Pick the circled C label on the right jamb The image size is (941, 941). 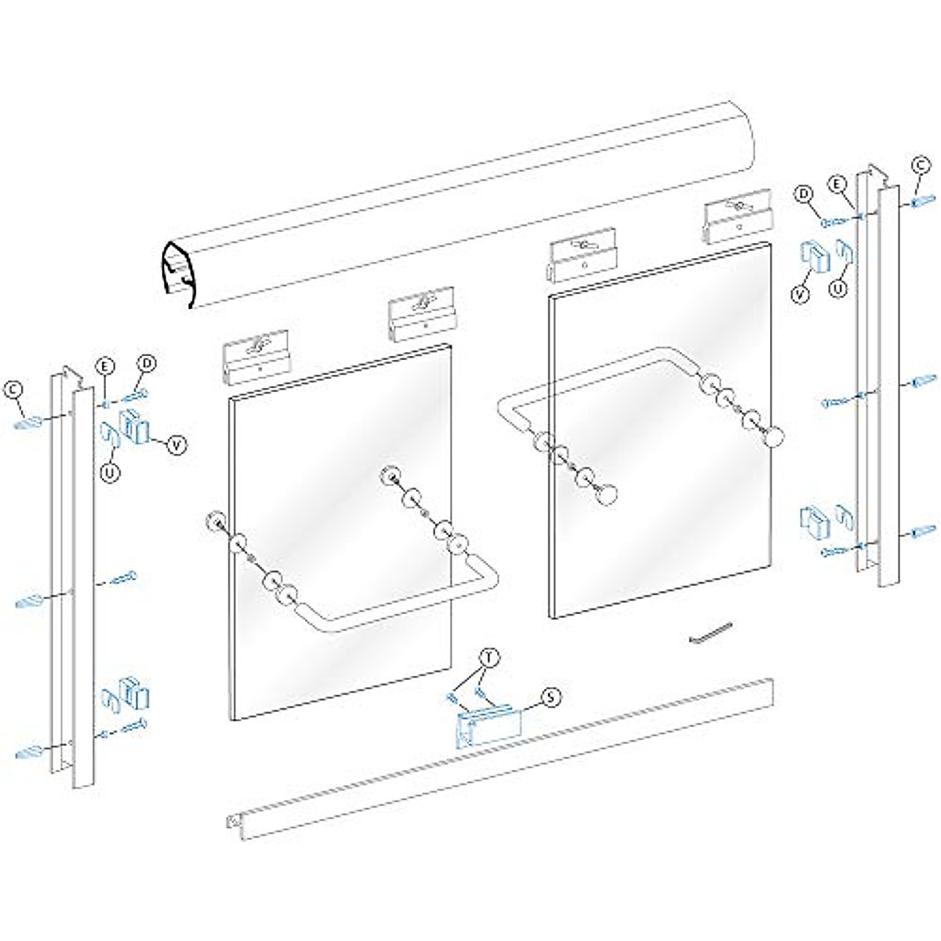tap(922, 165)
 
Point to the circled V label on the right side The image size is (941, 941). tap(799, 295)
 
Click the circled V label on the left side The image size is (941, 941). tap(179, 444)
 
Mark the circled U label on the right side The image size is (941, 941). tap(839, 289)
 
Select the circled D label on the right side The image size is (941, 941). tap(803, 193)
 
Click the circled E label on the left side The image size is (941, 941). tap(105, 365)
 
